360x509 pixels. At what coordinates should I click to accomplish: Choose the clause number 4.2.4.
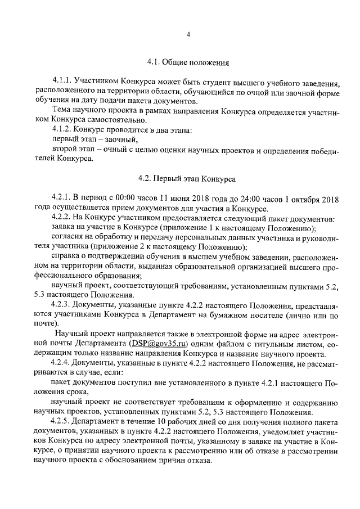[x=61, y=362]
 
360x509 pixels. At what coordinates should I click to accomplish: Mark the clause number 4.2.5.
[x=61, y=421]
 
